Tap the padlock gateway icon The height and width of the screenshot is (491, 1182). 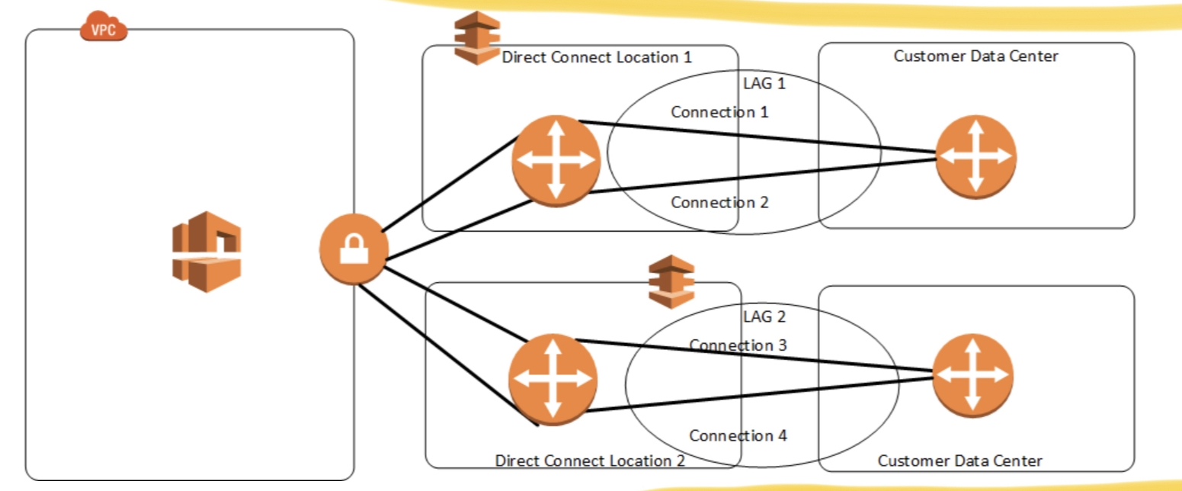354,250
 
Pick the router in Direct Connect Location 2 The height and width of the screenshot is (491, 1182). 553,379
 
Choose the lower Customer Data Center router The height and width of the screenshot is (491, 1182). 972,375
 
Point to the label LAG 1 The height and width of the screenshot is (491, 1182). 764,84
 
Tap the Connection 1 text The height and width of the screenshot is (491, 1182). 719,112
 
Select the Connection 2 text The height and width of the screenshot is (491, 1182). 719,203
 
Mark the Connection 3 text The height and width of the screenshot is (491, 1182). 738,345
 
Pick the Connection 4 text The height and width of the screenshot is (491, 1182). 738,435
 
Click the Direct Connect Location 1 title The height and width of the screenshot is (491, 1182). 597,57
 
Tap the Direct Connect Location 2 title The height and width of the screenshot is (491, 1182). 590,461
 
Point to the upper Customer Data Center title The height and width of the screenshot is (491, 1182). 975,56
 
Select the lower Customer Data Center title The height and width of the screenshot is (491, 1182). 959,461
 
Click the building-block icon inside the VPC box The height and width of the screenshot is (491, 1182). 206,252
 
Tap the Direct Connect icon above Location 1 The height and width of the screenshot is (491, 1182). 476,37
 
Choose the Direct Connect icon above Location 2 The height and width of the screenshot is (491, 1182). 671,281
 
